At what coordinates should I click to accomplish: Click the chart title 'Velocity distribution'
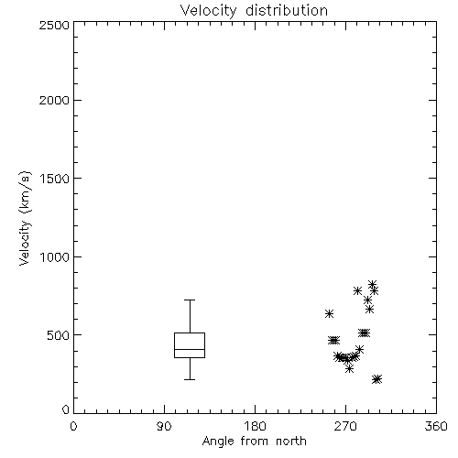tap(254, 11)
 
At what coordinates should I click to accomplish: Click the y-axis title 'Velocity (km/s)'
tap(25, 218)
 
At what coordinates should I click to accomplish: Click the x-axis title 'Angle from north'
tap(254, 442)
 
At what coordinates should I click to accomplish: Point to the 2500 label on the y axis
tap(54, 25)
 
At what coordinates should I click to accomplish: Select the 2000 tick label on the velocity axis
tap(54, 100)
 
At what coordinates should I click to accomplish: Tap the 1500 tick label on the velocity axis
tap(55, 178)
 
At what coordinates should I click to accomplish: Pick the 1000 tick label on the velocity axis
tap(55, 256)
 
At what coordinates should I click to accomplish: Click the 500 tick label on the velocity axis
tap(59, 335)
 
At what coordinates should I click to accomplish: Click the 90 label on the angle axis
tap(164, 426)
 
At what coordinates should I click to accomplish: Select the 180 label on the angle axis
tap(255, 426)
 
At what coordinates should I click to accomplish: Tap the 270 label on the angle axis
tap(345, 426)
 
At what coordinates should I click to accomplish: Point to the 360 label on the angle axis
tap(436, 426)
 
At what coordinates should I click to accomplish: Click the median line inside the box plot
tap(190, 349)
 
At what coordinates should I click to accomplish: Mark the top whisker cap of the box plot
tap(190, 300)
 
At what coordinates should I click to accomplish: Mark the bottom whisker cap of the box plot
tap(190, 379)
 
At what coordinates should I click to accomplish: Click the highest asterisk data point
tap(372, 284)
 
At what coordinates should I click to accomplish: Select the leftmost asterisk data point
tap(329, 313)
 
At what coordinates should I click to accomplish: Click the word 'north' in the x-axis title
tap(291, 441)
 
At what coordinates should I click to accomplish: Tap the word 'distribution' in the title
tap(287, 10)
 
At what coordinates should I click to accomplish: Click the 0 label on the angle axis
tap(73, 426)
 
